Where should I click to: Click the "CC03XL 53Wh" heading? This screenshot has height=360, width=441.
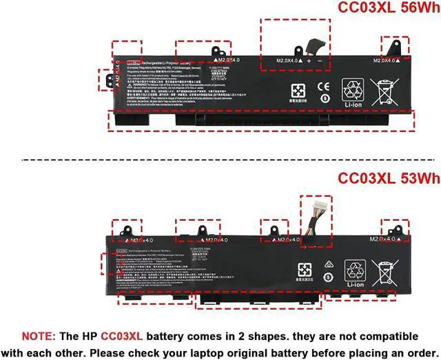(x=378, y=179)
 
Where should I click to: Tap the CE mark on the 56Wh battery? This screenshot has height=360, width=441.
(x=323, y=88)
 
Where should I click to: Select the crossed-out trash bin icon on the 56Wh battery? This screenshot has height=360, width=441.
(x=386, y=91)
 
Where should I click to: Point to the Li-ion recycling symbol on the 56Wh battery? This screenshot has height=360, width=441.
(x=355, y=92)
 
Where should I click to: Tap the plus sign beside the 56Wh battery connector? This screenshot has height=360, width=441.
(x=309, y=61)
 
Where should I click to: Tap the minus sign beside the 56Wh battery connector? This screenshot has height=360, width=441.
(x=320, y=61)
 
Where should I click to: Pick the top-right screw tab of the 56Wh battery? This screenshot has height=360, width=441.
(x=396, y=47)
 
